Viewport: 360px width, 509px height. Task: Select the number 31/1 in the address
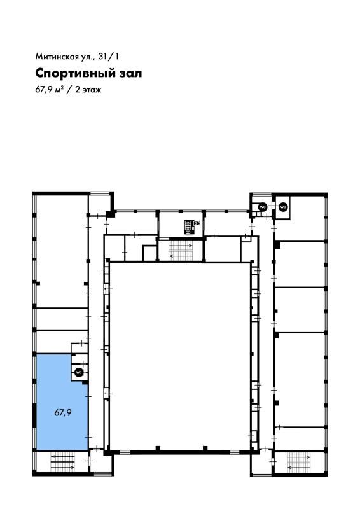pyautogui.click(x=109, y=56)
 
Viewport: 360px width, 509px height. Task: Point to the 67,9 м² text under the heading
pyautogui.click(x=49, y=90)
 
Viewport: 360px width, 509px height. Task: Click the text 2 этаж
pyautogui.click(x=88, y=90)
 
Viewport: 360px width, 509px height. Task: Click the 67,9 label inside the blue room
pyautogui.click(x=63, y=413)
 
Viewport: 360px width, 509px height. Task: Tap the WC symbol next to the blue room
pyautogui.click(x=79, y=372)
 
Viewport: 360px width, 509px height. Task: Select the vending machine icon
pyautogui.click(x=191, y=227)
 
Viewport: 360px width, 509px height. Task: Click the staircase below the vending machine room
pyautogui.click(x=181, y=250)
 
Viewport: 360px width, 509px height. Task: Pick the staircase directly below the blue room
pyautogui.click(x=62, y=462)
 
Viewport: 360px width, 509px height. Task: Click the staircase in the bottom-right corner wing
pyautogui.click(x=299, y=462)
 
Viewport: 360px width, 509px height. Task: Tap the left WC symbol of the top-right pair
pyautogui.click(x=262, y=206)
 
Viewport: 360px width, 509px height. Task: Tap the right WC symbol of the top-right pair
pyautogui.click(x=283, y=206)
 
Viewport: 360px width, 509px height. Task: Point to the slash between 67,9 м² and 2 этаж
pyautogui.click(x=69, y=90)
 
